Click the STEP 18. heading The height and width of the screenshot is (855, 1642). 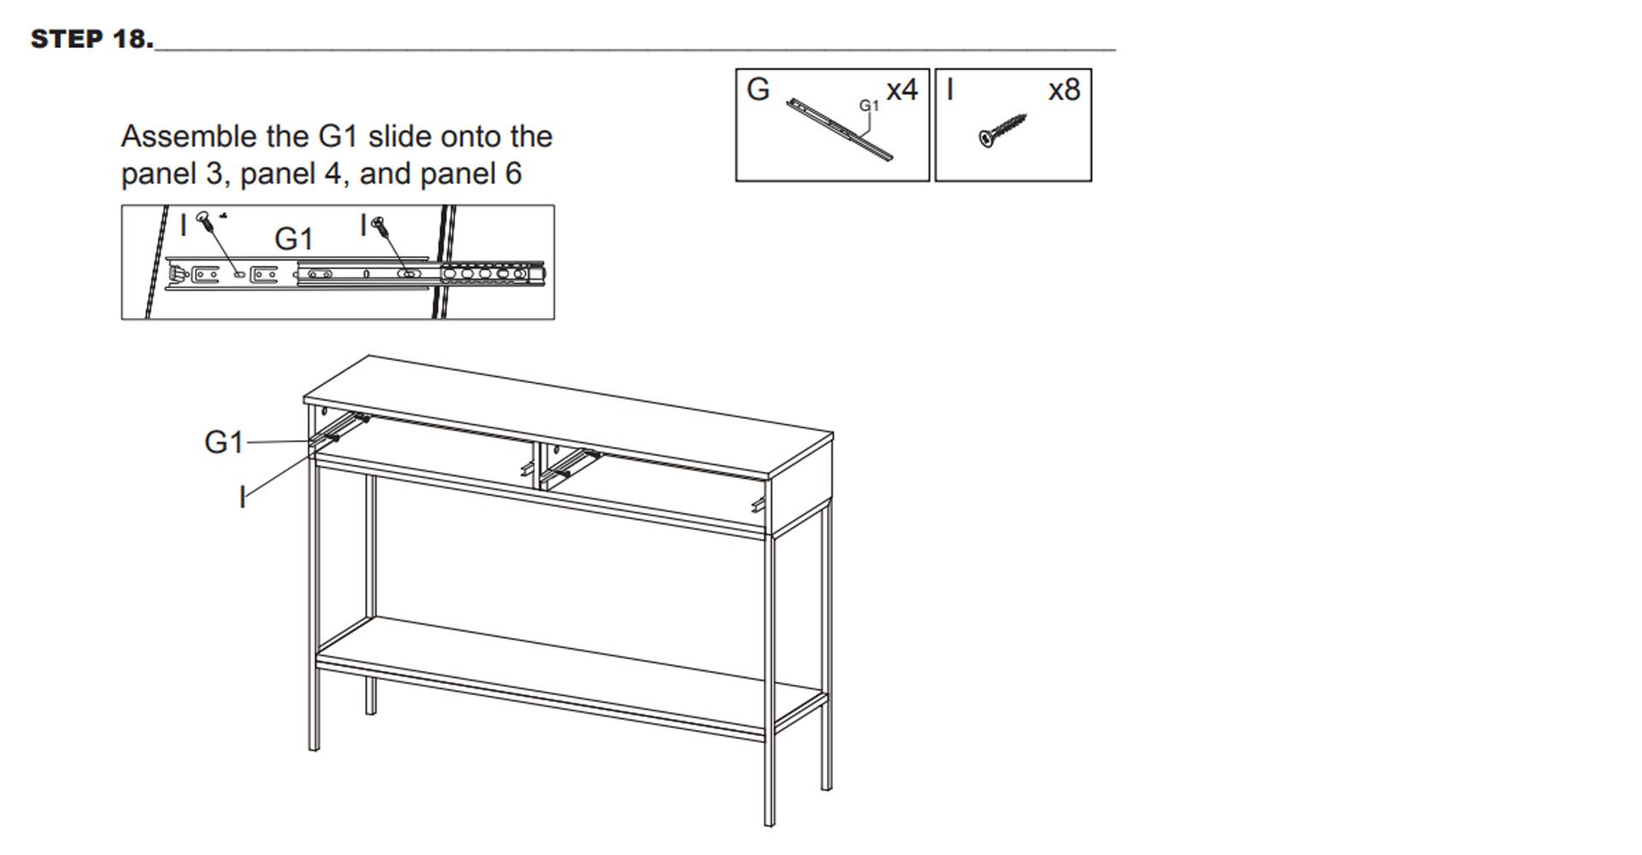click(92, 38)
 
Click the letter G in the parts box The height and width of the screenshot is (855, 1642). click(758, 89)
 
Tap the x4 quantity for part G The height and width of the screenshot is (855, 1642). click(901, 90)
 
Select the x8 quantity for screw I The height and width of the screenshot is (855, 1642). click(1064, 90)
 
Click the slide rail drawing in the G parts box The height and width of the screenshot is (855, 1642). click(840, 130)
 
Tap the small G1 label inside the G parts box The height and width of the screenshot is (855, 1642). click(869, 105)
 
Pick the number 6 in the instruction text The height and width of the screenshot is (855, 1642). click(513, 174)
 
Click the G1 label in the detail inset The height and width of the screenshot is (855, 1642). click(293, 239)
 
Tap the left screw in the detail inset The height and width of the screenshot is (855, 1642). click(205, 221)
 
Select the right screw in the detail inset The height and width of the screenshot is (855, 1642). click(381, 226)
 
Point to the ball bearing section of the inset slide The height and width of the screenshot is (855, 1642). click(493, 274)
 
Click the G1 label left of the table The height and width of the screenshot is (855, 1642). click(224, 442)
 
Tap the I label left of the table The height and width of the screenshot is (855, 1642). click(243, 497)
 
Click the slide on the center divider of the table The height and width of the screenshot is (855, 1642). click(570, 463)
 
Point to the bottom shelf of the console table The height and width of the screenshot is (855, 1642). click(571, 675)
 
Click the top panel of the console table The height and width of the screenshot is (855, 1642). click(569, 418)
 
